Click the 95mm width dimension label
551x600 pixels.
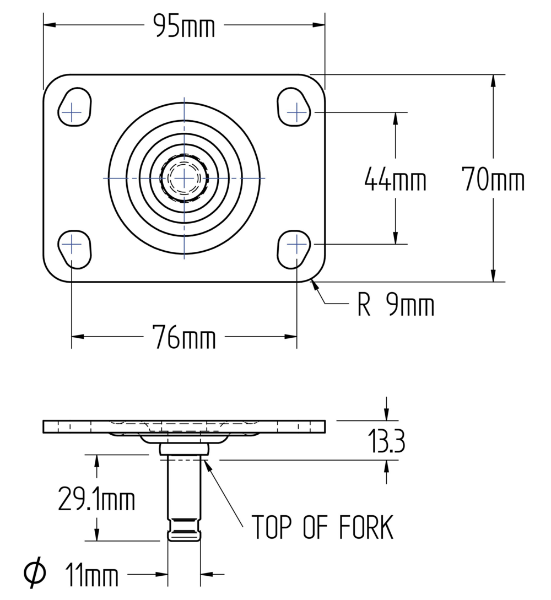pyautogui.click(x=184, y=26)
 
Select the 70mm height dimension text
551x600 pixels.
pyautogui.click(x=493, y=179)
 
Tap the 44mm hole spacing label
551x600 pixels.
pyautogui.click(x=395, y=179)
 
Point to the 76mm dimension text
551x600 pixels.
pyautogui.click(x=184, y=337)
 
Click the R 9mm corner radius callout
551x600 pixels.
pyautogui.click(x=396, y=306)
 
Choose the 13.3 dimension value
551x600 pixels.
pyautogui.click(x=387, y=441)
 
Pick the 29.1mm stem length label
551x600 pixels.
pyautogui.click(x=96, y=500)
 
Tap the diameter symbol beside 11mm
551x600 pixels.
pyautogui.click(x=35, y=574)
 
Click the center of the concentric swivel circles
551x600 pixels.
pyautogui.click(x=184, y=178)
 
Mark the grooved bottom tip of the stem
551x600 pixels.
pyautogui.click(x=184, y=530)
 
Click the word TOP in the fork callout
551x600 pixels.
pyautogui.click(x=271, y=527)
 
